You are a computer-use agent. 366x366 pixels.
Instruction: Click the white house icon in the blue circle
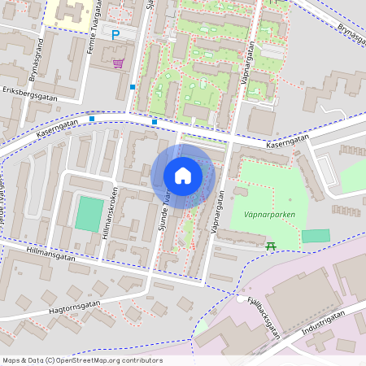(x=183, y=176)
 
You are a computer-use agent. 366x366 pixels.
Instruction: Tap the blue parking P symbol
(x=115, y=34)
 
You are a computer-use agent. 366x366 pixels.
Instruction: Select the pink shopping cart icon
(x=119, y=63)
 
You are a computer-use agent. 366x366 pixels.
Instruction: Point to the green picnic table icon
(x=271, y=245)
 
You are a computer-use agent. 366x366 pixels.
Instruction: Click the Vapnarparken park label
(x=268, y=215)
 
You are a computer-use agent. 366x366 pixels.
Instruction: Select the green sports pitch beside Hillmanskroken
(x=89, y=213)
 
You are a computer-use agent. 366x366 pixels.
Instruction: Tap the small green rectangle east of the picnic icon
(x=316, y=236)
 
